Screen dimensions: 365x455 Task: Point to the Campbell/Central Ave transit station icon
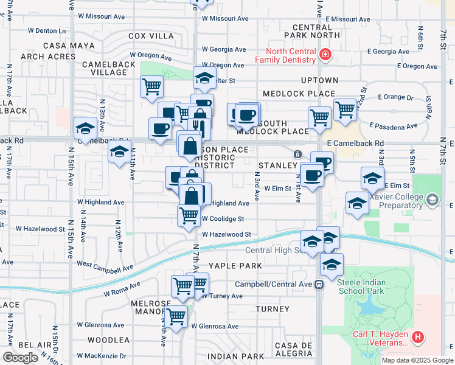pyautogui.click(x=319, y=284)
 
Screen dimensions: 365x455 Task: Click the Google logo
pyautogui.click(x=20, y=357)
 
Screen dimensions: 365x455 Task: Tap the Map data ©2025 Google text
pyautogui.click(x=417, y=360)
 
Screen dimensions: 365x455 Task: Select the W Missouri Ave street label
pyautogui.click(x=225, y=18)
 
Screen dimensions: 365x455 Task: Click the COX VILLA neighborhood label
pyautogui.click(x=151, y=36)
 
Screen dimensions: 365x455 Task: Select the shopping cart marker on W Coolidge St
pyautogui.click(x=189, y=215)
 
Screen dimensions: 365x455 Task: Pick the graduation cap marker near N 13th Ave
pyautogui.click(x=85, y=128)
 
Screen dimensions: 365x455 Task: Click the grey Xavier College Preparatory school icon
pyautogui.click(x=432, y=200)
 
